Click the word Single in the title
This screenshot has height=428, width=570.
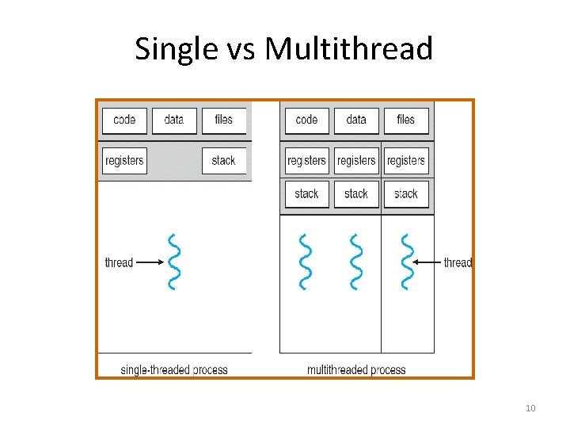[165, 49]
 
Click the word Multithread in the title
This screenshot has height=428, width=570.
[349, 49]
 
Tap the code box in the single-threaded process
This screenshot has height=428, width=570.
[124, 120]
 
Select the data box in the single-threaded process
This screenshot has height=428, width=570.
[174, 120]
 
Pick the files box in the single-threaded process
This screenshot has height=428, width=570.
[224, 120]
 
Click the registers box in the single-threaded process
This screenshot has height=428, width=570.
[124, 161]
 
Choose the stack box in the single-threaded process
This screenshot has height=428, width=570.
[224, 161]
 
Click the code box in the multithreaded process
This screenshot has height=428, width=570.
[306, 120]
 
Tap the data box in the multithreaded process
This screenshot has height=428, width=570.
[356, 120]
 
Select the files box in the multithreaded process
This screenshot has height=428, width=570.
[406, 120]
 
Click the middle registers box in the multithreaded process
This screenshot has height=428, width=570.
[356, 161]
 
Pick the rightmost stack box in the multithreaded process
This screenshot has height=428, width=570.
[406, 194]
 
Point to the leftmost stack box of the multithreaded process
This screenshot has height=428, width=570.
[306, 194]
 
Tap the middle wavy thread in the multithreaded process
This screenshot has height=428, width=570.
[355, 262]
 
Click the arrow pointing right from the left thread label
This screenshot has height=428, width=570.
[149, 262]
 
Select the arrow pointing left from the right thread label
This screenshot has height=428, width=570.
[428, 262]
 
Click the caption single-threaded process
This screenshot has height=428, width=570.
[174, 370]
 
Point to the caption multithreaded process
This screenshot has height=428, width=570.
[356, 370]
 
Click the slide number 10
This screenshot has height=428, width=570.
[530, 408]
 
